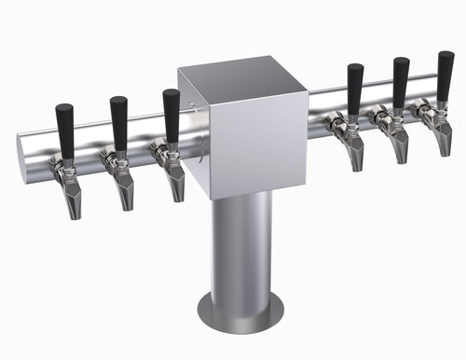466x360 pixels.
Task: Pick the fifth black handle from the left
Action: point(401,82)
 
